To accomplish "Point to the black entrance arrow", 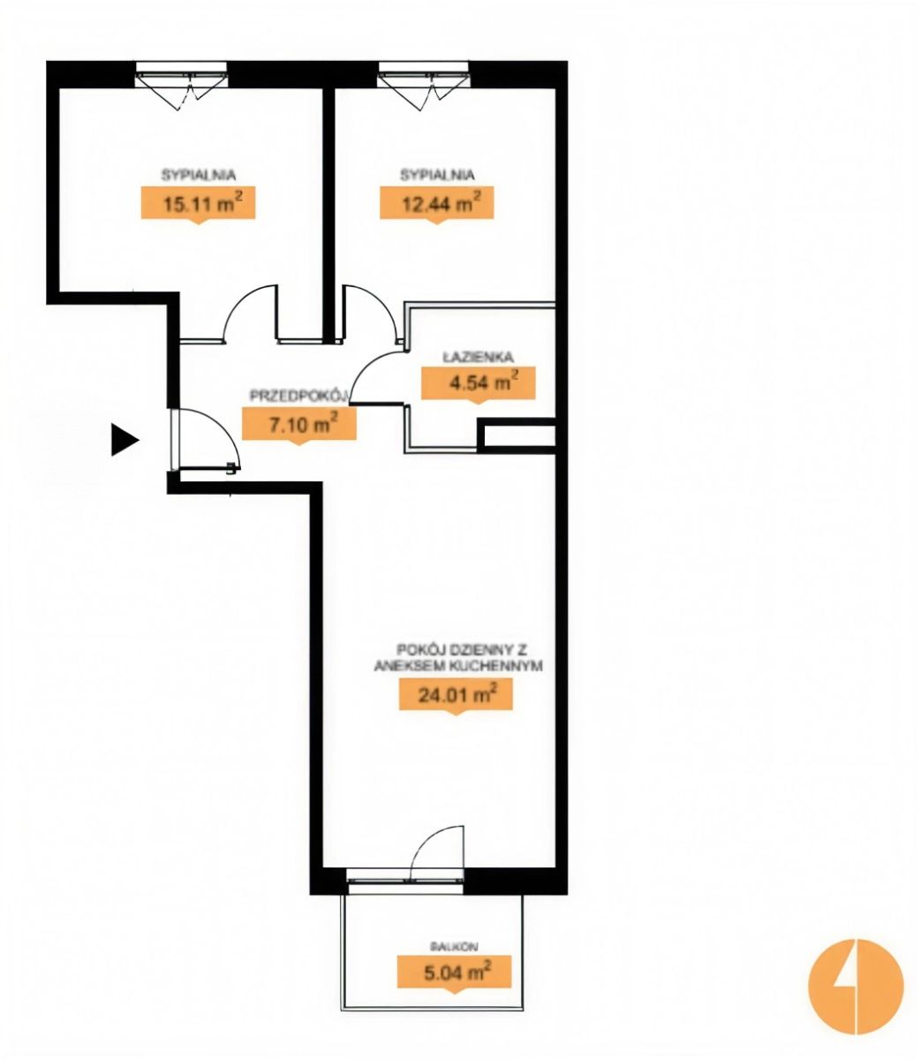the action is tap(125, 440).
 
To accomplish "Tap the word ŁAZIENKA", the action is tap(477, 357).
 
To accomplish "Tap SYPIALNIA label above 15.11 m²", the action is tap(198, 175).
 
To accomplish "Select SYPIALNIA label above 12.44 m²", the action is tap(436, 175).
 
